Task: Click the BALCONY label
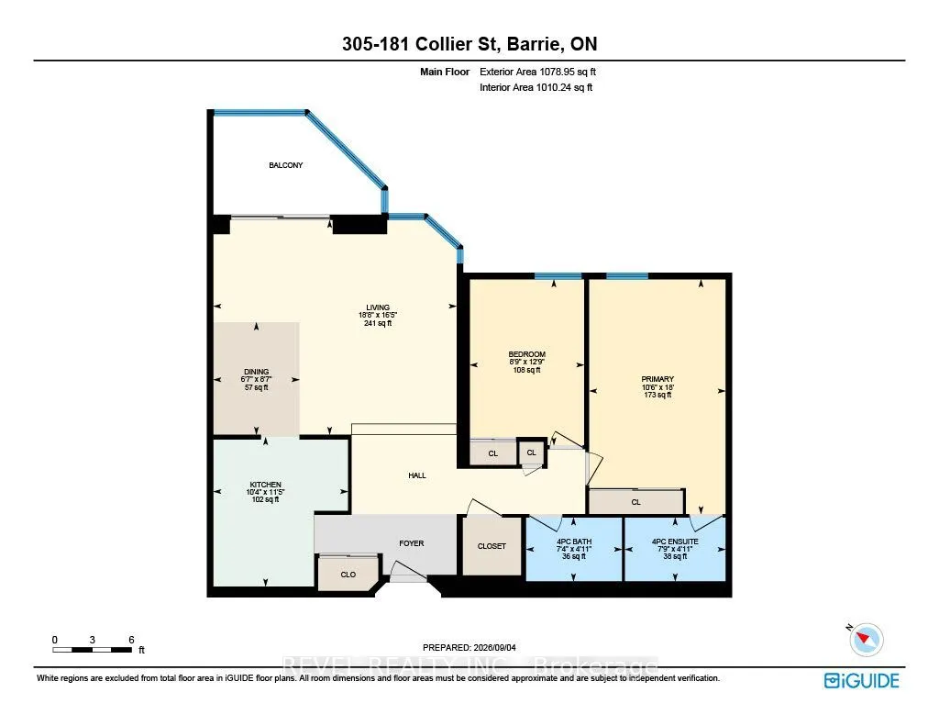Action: (286, 165)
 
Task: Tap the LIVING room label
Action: (378, 307)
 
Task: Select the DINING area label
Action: (257, 372)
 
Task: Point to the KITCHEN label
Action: (265, 485)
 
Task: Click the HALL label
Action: (417, 475)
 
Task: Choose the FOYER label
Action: (412, 543)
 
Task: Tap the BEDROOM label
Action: (527, 354)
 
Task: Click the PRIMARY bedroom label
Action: (657, 379)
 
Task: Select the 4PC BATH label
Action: (574, 542)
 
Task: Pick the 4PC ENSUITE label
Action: (675, 542)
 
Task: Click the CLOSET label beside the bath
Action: (492, 546)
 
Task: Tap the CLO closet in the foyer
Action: (348, 575)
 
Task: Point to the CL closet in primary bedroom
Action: (636, 502)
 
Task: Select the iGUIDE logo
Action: (862, 680)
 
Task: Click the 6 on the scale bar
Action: (131, 640)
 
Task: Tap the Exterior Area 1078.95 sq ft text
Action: (537, 72)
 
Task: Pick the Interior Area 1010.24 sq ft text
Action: (536, 87)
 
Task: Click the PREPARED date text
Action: (469, 647)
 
